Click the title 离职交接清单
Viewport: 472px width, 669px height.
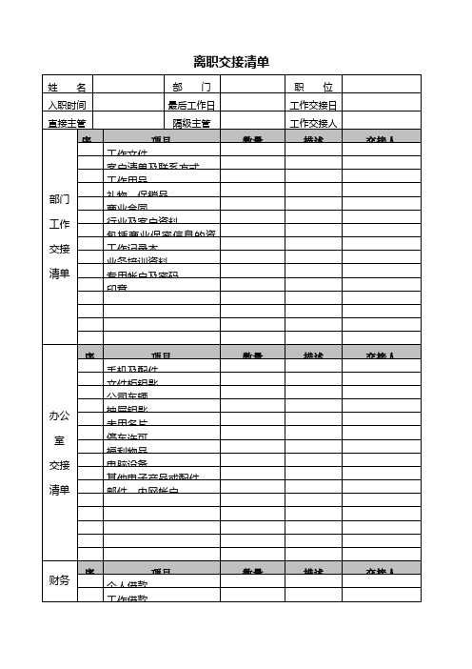231,62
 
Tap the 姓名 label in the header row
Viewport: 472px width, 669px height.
67,87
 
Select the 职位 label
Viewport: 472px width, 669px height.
313,87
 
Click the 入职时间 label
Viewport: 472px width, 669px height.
67,105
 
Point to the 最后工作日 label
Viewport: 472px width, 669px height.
191,105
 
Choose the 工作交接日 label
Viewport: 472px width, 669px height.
313,105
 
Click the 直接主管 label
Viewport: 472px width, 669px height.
67,123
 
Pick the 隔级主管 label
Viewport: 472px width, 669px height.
191,123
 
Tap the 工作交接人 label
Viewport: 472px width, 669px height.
313,123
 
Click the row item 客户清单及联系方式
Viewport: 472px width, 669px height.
152,167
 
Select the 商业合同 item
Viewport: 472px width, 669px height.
128,207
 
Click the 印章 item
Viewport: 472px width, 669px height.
117,287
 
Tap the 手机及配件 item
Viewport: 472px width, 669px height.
132,369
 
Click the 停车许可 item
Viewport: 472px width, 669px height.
128,436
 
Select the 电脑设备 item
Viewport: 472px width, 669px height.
128,462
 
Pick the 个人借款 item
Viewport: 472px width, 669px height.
128,584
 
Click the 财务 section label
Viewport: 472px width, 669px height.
59,579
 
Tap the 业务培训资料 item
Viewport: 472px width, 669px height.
137,260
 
